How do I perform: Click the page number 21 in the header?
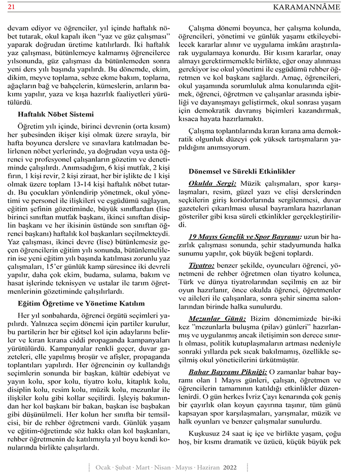point(11,7)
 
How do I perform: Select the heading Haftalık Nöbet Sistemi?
point(55,114)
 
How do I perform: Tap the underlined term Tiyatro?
point(201,265)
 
